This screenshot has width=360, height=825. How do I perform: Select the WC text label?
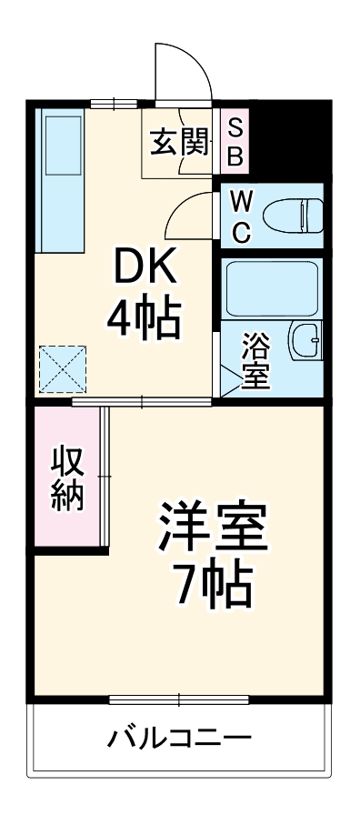[x=240, y=216]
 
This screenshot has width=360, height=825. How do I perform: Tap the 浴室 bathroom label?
[x=256, y=361]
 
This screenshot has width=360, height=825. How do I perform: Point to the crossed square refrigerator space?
[x=60, y=370]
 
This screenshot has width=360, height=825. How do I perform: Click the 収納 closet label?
[x=68, y=478]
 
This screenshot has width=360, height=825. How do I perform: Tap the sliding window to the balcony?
[x=179, y=699]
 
